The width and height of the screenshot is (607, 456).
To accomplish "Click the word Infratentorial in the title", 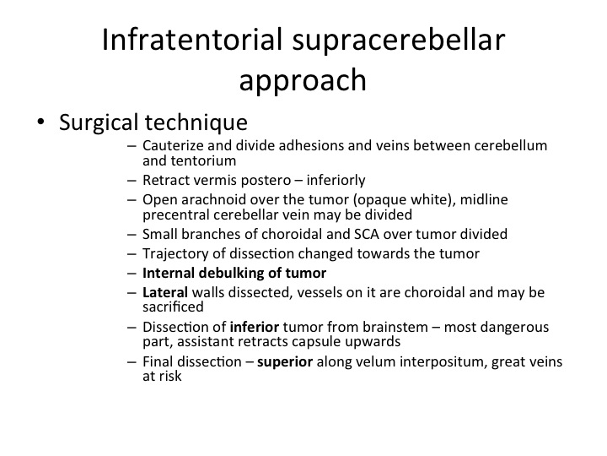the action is [x=192, y=40].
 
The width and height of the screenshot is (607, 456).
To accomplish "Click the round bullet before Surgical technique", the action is [x=40, y=122].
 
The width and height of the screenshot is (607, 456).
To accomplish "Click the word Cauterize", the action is [x=173, y=145].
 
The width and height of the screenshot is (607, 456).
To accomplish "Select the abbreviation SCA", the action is [x=367, y=234].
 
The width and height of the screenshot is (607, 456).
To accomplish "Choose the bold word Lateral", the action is [x=165, y=292].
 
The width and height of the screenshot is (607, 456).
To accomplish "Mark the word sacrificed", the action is [x=173, y=307].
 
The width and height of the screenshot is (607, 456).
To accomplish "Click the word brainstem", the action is [x=395, y=327].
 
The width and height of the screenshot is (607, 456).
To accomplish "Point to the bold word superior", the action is [x=285, y=362].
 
